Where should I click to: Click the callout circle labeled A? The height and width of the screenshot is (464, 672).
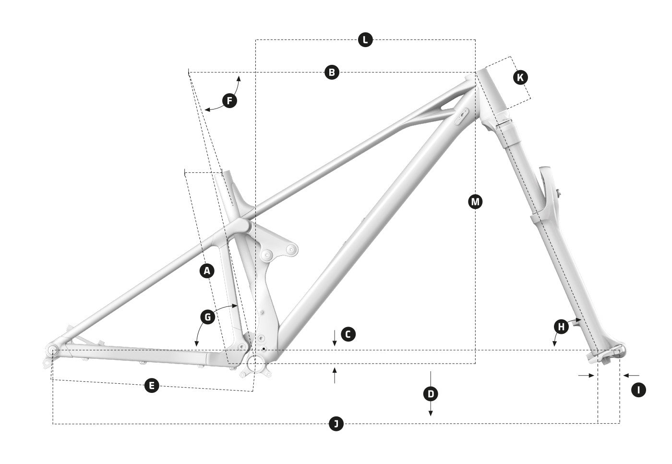207,271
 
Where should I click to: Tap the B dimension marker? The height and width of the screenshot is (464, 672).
332,73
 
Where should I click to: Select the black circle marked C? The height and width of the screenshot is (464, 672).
348,334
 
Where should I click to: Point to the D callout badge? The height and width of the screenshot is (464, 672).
431,394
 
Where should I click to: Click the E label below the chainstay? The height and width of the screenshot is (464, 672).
152,385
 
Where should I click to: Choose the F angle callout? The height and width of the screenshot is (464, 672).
230,100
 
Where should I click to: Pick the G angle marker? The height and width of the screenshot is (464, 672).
207,317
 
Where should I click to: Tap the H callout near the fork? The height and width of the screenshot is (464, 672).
561,327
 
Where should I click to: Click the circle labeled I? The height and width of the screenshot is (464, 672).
638,390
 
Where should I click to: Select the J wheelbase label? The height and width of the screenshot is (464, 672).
336,424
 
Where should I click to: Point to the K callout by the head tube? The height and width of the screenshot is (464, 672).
520,77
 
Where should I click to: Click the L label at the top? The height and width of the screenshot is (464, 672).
365,39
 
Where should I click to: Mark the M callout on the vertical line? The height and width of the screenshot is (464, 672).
476,202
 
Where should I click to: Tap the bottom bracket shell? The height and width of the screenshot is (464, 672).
255,364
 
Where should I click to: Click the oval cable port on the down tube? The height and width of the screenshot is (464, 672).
461,116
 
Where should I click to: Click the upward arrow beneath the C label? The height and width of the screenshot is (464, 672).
335,376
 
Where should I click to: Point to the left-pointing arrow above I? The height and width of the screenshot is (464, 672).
631,375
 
